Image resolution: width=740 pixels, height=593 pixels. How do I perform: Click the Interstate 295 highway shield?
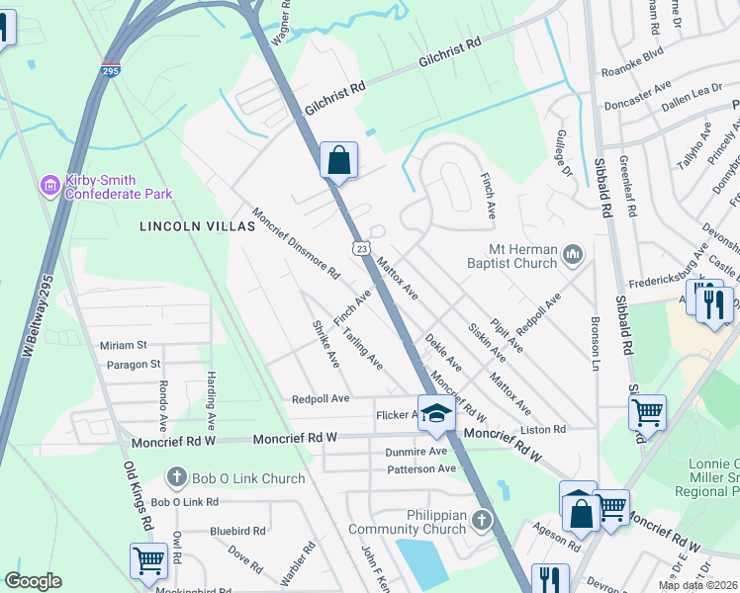click(111, 72)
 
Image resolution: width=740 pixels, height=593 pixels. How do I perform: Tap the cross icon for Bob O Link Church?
click(178, 478)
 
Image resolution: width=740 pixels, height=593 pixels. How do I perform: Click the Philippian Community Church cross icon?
click(482, 519)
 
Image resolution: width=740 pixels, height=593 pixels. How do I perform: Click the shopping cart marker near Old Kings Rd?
click(149, 560)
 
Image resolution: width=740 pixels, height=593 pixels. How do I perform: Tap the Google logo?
click(33, 581)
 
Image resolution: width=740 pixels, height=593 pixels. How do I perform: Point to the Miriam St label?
click(123, 345)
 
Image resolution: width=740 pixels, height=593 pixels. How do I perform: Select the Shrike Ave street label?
click(325, 345)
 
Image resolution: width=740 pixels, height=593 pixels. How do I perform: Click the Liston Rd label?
click(543, 430)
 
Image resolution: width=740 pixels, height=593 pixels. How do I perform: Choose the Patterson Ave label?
click(420, 468)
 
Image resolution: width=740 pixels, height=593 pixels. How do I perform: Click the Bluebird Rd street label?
click(237, 531)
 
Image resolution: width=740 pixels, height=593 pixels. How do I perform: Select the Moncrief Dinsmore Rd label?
click(297, 242)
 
